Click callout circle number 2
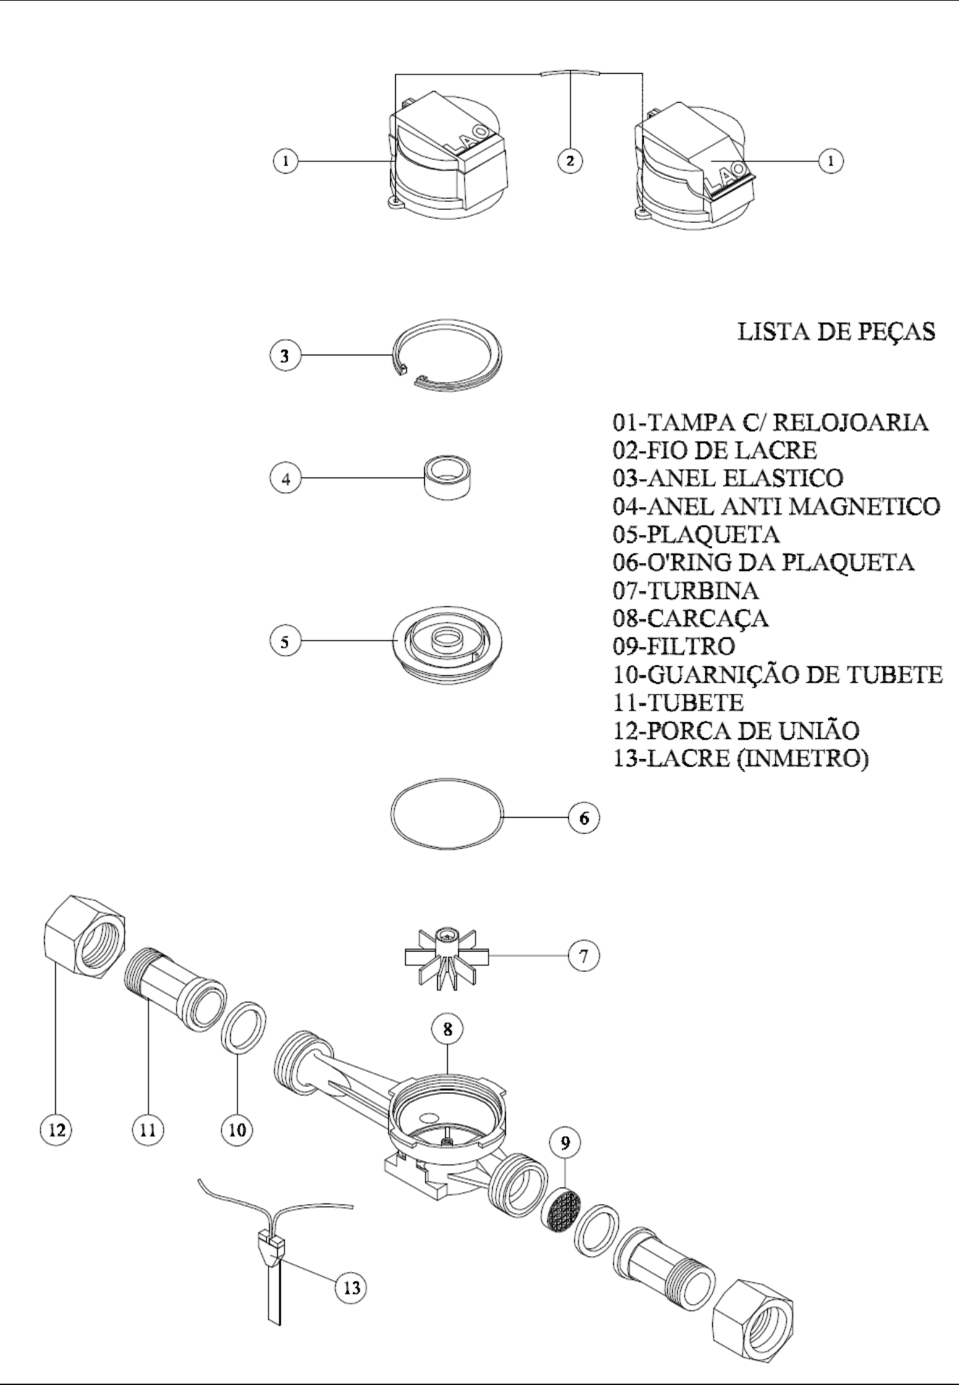570,161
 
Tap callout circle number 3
285,356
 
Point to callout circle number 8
448,1029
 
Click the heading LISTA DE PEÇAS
836,331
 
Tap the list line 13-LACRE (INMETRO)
740,759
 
